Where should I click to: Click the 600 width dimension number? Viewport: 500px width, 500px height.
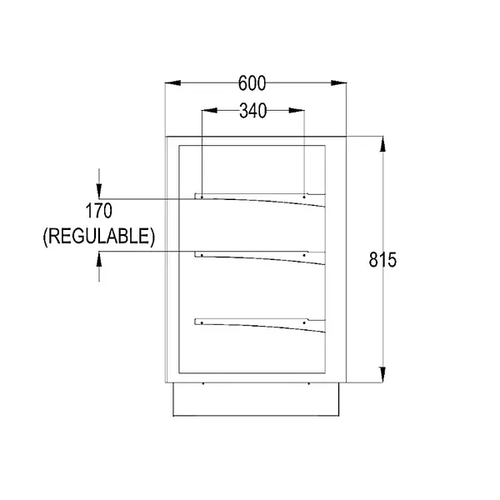point(252,83)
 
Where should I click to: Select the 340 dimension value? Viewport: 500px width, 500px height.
point(252,111)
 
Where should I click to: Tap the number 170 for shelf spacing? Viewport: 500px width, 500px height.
point(98,210)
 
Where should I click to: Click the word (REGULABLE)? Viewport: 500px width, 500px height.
point(98,236)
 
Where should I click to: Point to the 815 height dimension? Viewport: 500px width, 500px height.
point(382,259)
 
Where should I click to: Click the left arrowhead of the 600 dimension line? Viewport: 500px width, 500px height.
point(172,82)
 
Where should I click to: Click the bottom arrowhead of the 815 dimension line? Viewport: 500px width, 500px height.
point(383,376)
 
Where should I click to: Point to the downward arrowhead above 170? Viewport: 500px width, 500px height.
point(99,190)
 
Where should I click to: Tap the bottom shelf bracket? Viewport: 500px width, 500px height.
point(258,323)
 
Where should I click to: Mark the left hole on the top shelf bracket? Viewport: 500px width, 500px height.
point(202,197)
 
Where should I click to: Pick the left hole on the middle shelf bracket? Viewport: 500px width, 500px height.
point(202,253)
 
